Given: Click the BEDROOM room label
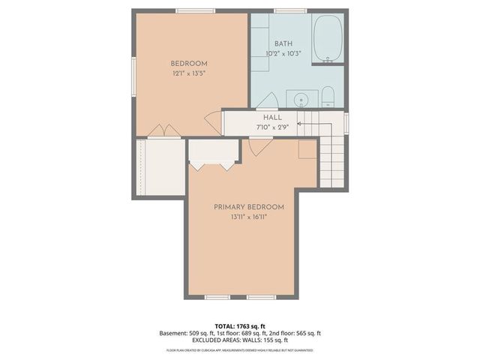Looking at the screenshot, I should tap(189, 63).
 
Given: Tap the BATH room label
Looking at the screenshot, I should tap(283, 43).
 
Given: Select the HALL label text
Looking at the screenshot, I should tap(272, 117).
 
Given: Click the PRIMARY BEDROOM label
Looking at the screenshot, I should tap(249, 207).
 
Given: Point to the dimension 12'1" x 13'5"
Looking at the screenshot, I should tap(189, 73).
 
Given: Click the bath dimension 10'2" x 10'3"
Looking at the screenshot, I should tap(283, 53).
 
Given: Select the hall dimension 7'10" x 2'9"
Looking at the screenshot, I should tap(271, 127).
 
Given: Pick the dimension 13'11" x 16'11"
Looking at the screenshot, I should tap(249, 217).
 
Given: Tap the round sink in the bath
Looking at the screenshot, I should tap(302, 99).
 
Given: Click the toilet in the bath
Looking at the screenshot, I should tap(327, 97).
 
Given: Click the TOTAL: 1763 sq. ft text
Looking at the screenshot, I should tap(239, 325).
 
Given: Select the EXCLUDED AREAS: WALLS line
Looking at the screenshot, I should tap(239, 340).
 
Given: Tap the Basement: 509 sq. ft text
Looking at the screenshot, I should tap(185, 333).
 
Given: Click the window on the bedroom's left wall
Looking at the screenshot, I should tap(134, 74).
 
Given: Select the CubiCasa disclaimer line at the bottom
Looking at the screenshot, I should tap(239, 349).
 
